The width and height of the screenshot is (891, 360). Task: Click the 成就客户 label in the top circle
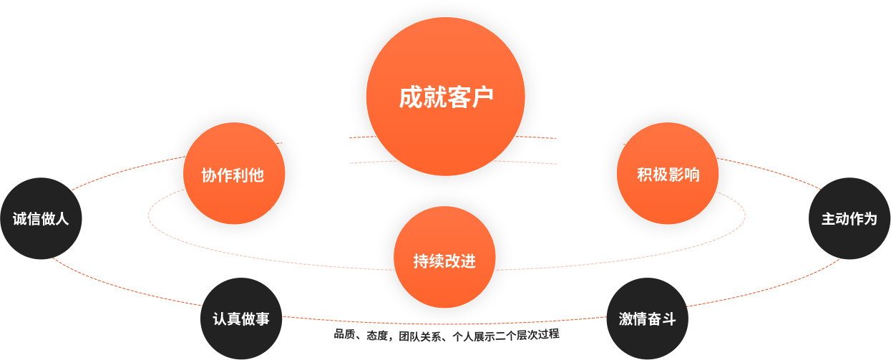click(446, 97)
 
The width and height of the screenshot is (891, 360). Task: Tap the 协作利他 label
click(233, 175)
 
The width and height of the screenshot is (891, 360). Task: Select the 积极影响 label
click(668, 175)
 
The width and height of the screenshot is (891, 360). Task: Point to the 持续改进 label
click(444, 261)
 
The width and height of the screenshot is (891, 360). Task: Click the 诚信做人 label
click(41, 219)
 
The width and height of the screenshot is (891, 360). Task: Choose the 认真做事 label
click(241, 319)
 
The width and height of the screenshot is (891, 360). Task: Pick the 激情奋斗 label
click(647, 319)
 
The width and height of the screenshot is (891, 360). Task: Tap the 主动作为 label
click(849, 219)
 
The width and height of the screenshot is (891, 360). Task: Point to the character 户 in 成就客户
click(482, 97)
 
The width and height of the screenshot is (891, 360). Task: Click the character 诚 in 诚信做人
click(19, 219)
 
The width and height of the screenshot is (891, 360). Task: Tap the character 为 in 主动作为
click(870, 219)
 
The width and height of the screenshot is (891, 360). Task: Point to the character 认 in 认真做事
click(220, 319)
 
